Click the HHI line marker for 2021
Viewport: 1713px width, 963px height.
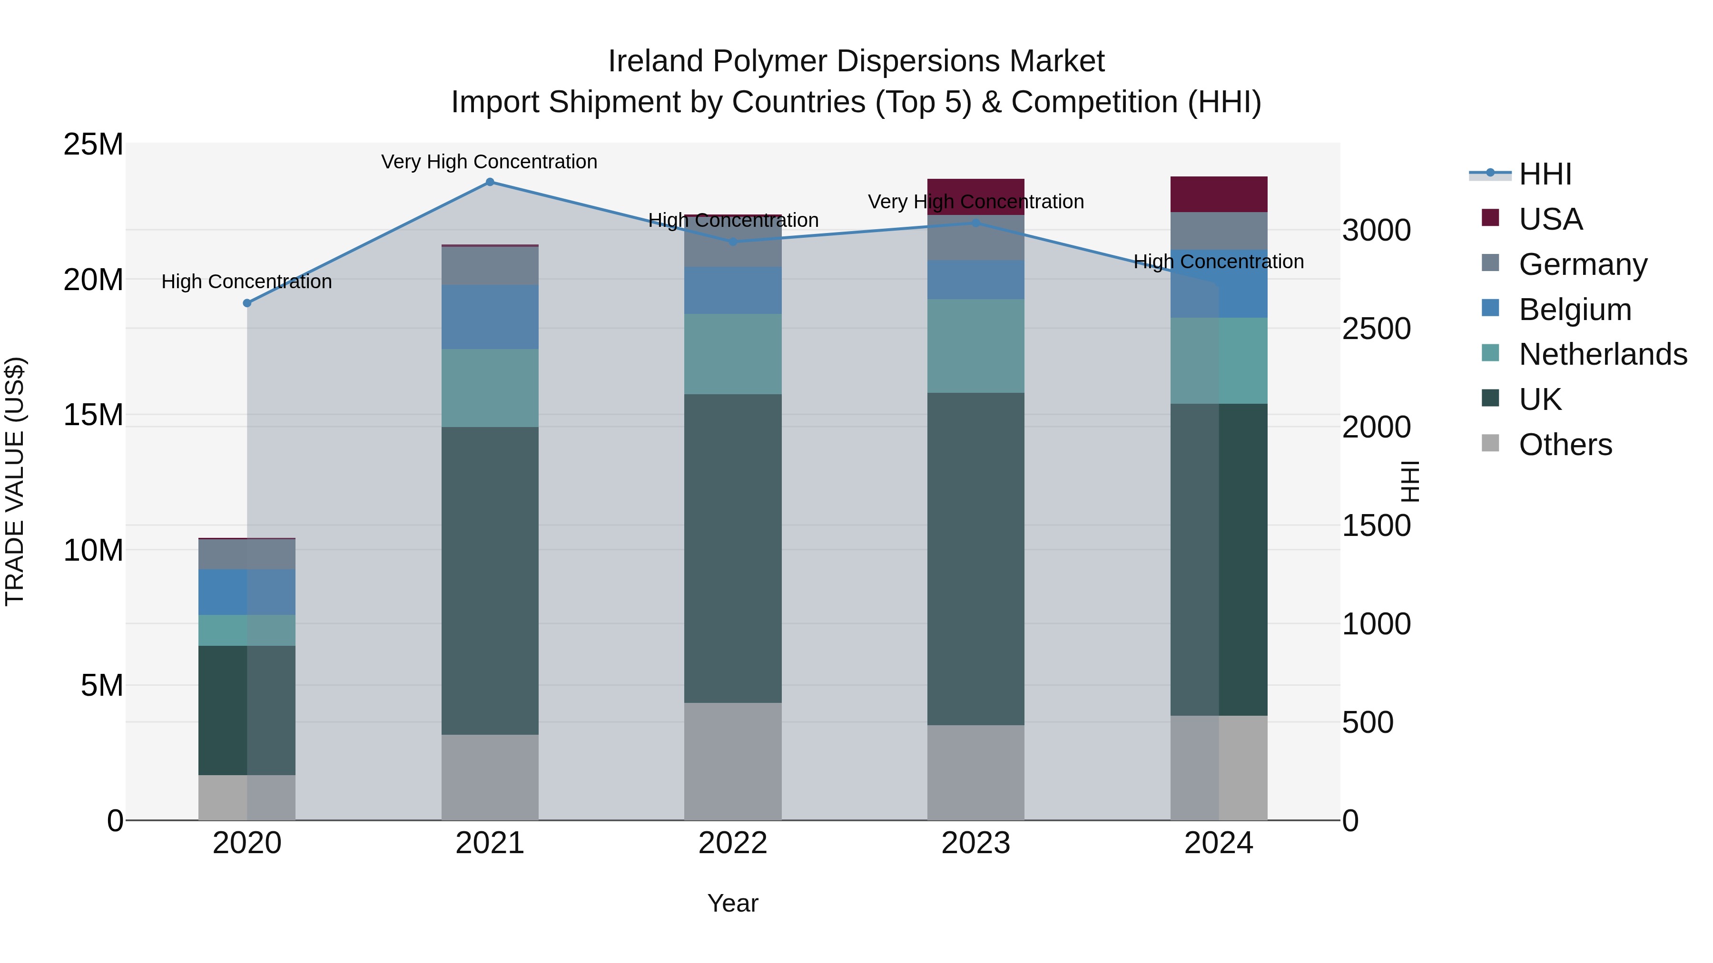490,182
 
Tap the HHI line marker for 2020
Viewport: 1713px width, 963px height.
246,303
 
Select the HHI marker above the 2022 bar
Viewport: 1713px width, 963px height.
733,242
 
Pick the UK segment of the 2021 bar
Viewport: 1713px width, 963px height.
490,580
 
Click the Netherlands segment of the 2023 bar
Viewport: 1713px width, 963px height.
975,346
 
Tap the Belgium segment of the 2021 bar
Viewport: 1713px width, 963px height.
490,317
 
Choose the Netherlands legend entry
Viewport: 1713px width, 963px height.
1603,354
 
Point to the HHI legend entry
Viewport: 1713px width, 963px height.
1545,174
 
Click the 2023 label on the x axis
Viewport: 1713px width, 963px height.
975,843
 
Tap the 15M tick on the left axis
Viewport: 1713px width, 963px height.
93,415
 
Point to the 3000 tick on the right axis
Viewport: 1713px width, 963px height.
1376,231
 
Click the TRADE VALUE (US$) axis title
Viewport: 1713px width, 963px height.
15,481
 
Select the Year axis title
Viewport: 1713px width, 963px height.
733,903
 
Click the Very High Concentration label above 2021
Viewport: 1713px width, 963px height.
490,162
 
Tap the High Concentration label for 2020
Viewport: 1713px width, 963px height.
246,282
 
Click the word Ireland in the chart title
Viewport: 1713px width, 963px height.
656,61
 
